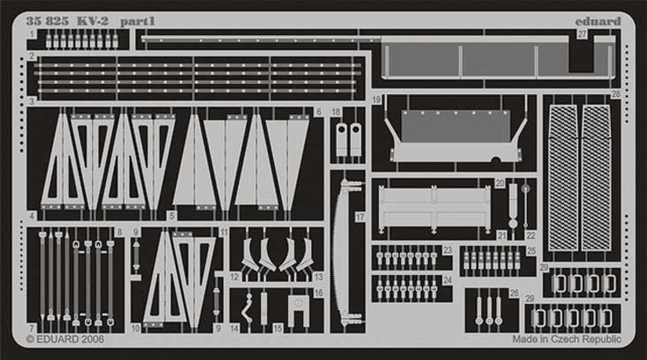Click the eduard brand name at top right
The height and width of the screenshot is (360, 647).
point(598,21)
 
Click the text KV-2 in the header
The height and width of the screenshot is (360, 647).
point(93,21)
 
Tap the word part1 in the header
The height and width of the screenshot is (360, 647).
point(137,21)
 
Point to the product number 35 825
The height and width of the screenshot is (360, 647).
point(47,21)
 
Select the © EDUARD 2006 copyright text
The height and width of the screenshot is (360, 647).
point(65,339)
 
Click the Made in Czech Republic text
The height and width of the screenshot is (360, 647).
point(567,339)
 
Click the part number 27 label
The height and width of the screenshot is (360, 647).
point(582,34)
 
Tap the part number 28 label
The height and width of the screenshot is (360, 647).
point(616,95)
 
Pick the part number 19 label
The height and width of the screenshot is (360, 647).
point(377,100)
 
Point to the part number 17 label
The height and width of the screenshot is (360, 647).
point(360,217)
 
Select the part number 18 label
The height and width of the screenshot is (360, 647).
point(336,112)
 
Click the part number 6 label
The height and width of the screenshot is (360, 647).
point(319,112)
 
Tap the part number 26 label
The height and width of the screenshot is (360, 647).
point(514,293)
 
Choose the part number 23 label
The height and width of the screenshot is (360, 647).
point(448,250)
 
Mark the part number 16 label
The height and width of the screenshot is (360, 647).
point(318,293)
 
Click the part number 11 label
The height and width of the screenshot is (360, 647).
point(224,232)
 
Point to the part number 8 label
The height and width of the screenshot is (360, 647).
point(120,232)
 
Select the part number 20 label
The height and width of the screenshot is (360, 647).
point(499,183)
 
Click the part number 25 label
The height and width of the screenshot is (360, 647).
point(531,251)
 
